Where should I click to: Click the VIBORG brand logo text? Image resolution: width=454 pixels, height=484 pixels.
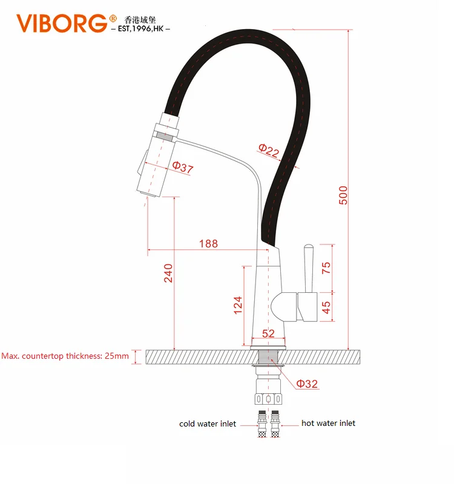pyautogui.click(x=62, y=23)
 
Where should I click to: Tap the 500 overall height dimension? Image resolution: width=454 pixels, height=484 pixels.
pyautogui.click(x=343, y=195)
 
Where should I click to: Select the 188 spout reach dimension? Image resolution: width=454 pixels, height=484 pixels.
pyautogui.click(x=208, y=244)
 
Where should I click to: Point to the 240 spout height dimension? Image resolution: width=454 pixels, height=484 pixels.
pyautogui.click(x=168, y=273)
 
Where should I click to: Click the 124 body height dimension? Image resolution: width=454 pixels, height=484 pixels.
pyautogui.click(x=238, y=306)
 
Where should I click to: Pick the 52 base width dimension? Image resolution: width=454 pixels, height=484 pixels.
pyautogui.click(x=268, y=333)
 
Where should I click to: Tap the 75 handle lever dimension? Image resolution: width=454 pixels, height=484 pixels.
pyautogui.click(x=326, y=268)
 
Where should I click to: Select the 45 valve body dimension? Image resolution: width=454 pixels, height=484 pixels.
pyautogui.click(x=326, y=307)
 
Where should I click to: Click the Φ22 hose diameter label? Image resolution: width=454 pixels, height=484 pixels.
pyautogui.click(x=269, y=150)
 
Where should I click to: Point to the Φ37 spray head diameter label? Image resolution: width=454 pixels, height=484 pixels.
pyautogui.click(x=183, y=167)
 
